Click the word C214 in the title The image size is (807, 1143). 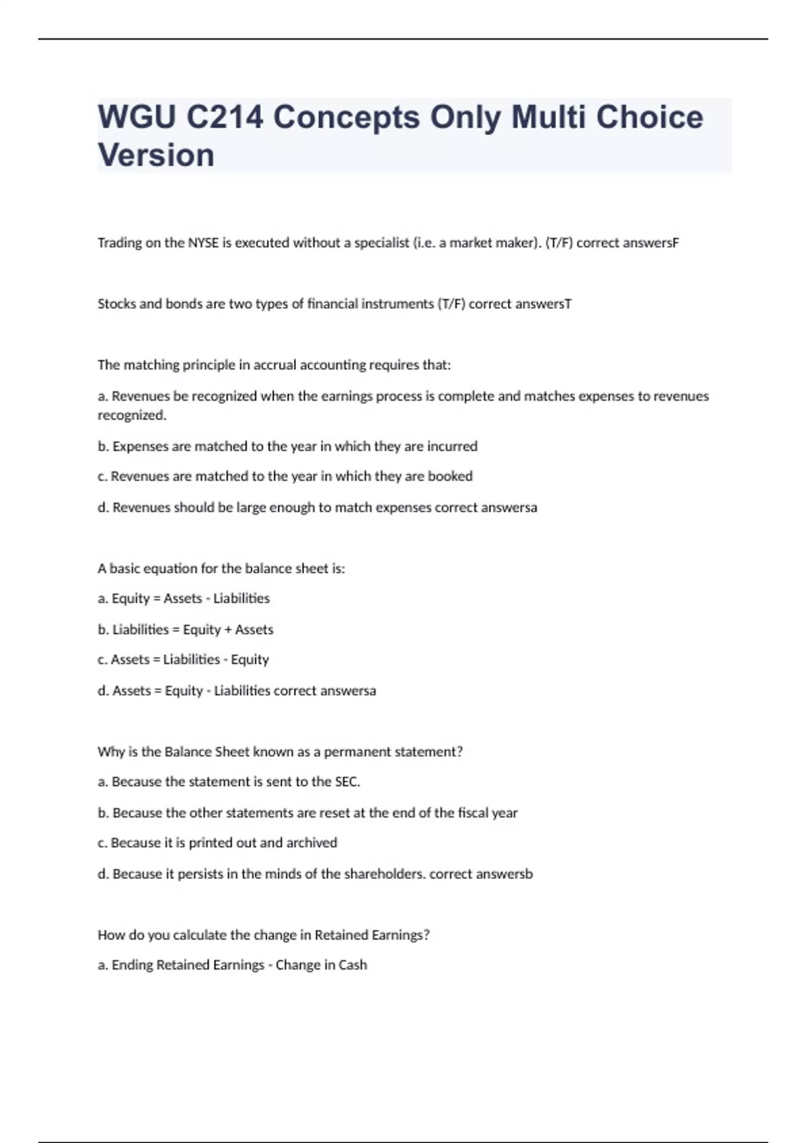pos(225,117)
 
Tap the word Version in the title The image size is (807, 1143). pos(156,155)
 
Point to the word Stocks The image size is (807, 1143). pos(116,304)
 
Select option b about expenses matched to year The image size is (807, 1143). pos(287,446)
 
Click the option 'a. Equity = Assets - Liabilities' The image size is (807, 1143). pos(184,598)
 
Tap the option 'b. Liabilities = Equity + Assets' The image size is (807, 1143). pos(186,629)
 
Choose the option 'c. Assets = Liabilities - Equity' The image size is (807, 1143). pos(183,660)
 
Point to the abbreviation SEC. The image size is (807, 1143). pos(347,782)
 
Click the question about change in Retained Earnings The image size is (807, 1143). pos(264,935)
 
